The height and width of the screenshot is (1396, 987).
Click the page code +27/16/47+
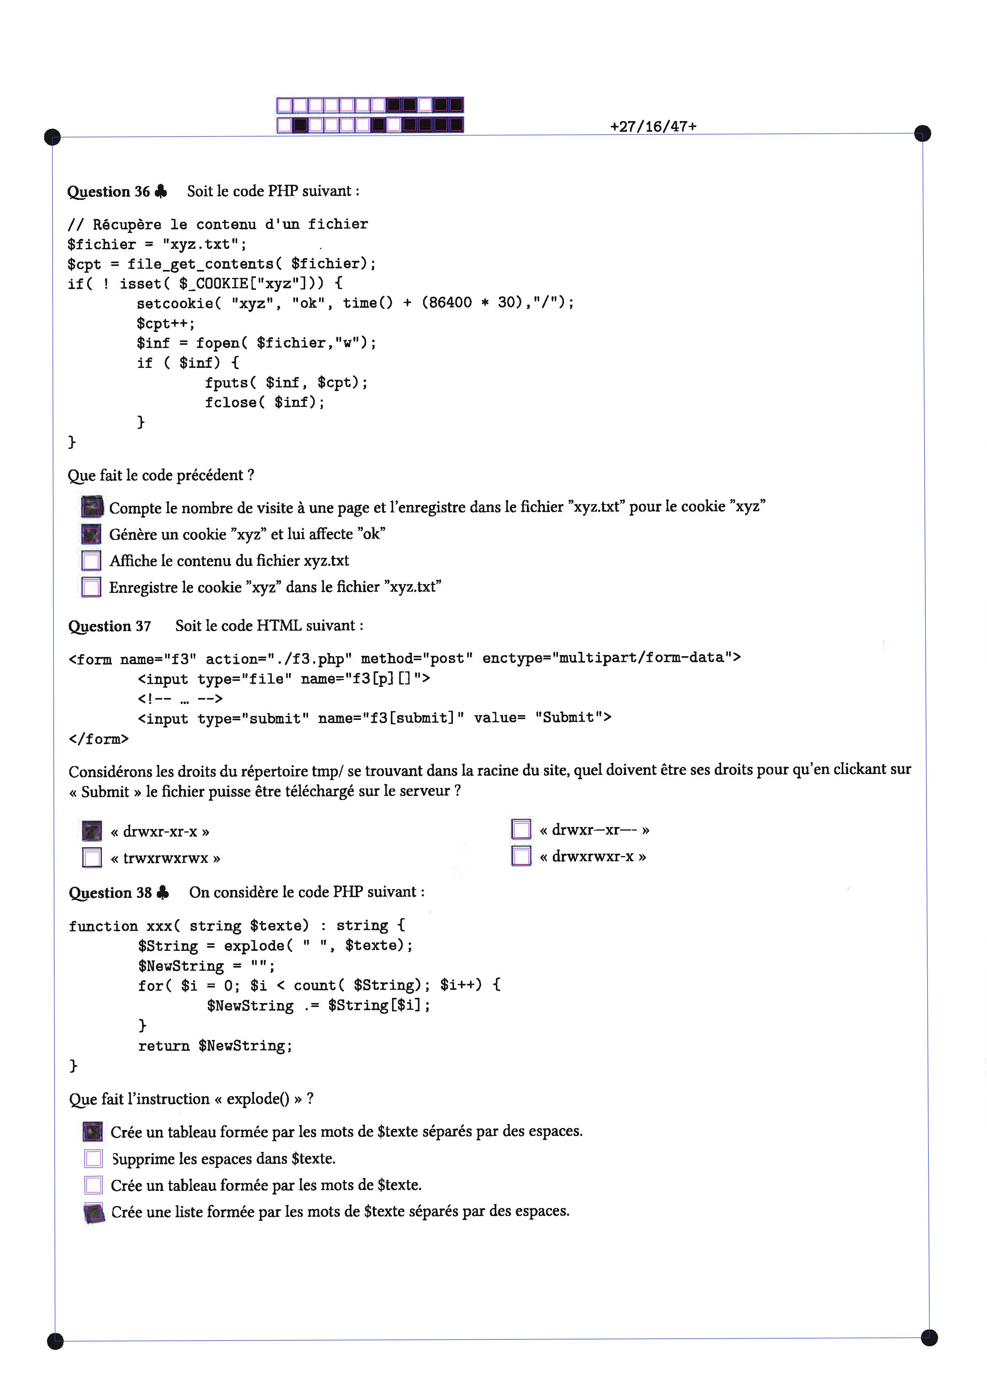(653, 127)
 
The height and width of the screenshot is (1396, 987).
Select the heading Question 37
(109, 626)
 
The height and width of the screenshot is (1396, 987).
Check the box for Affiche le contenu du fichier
(91, 561)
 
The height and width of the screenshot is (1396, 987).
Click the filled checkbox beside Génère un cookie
(91, 534)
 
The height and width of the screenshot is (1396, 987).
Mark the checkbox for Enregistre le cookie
(91, 587)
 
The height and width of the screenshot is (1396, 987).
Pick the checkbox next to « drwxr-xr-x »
(92, 831)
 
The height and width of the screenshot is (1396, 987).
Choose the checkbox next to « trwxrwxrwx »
(92, 857)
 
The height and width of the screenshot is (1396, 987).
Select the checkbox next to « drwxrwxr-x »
(521, 855)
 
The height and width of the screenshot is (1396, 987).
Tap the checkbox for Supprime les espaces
(94, 1159)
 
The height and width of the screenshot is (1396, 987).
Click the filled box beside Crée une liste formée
(94, 1212)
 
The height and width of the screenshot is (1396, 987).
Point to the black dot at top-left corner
(53, 137)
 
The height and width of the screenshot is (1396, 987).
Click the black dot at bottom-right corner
(929, 1337)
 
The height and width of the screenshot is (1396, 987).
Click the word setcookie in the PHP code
(175, 303)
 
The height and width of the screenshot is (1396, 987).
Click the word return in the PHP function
(164, 1046)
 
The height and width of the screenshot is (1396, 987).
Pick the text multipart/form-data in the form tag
(641, 657)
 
